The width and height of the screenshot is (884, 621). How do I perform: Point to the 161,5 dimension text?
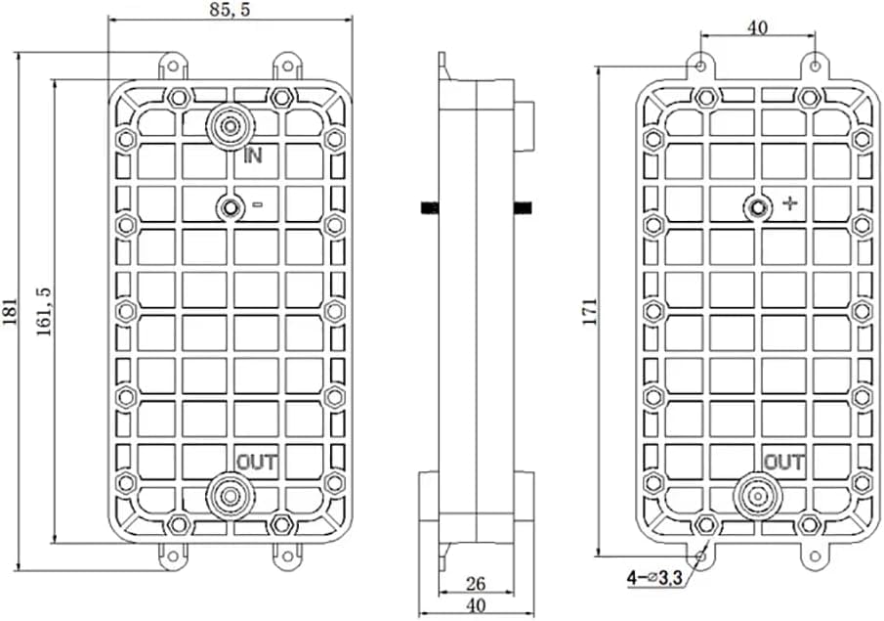[x=44, y=312]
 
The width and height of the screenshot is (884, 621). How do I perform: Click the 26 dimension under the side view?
[x=475, y=584]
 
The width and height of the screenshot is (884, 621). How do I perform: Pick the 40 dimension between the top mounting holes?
[x=757, y=28]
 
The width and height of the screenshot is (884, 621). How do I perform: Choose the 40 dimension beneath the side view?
[x=475, y=606]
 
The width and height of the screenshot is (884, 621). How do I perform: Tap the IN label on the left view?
[x=253, y=155]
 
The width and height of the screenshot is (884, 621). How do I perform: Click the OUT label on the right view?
[x=783, y=462]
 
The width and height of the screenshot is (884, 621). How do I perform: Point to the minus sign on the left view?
[x=258, y=205]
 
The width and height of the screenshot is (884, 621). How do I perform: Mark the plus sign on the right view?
[x=790, y=204]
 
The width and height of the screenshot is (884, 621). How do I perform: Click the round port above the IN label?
[x=231, y=126]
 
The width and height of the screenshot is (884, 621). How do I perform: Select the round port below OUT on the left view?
[x=231, y=495]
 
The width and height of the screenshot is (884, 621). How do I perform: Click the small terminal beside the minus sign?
[x=231, y=206]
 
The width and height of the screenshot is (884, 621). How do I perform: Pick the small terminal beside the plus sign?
[x=757, y=206]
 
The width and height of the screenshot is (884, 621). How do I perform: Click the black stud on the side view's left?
[x=428, y=206]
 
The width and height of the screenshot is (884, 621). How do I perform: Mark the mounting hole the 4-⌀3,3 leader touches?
[x=700, y=554]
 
